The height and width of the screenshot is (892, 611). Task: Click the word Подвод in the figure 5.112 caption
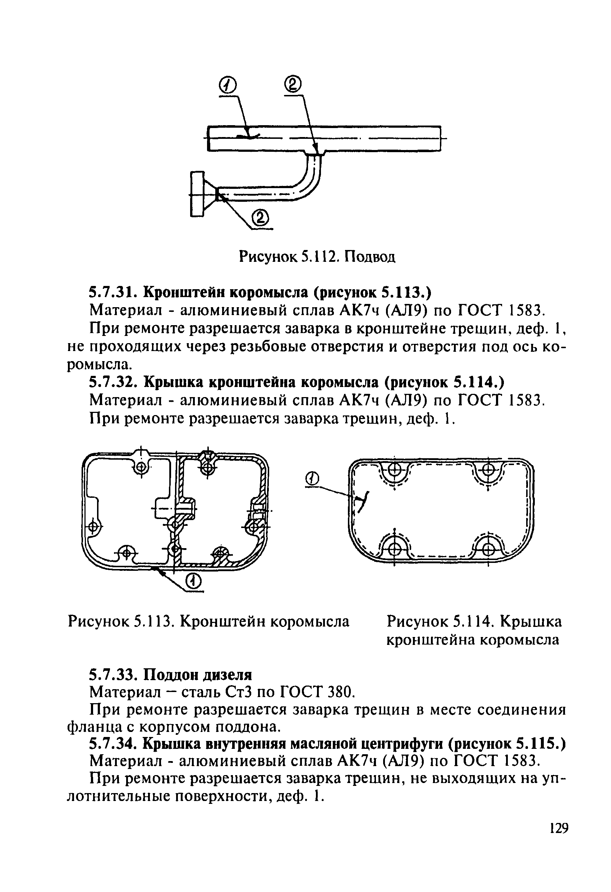[369, 256]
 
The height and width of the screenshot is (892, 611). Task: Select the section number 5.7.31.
[113, 292]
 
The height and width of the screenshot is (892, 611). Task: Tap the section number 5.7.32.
[113, 382]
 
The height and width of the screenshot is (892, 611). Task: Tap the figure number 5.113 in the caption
[152, 621]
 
